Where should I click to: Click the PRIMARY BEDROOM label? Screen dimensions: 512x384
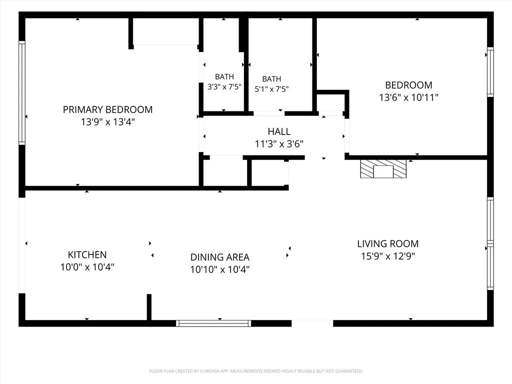coord(108,109)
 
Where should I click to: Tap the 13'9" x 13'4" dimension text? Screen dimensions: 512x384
coord(108,122)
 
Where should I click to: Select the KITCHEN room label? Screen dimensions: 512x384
coord(87,254)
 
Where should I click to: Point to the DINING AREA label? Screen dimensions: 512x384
coord(220,257)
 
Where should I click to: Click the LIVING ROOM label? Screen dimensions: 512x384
coord(388,243)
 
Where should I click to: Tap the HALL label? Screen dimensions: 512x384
coord(279,131)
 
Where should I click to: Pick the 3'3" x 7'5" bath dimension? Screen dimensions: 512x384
coord(224,87)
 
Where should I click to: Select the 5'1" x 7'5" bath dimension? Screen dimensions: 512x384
coord(271,89)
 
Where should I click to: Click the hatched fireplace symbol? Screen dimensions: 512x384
coord(383,169)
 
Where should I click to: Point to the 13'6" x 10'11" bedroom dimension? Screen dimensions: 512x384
coord(408,97)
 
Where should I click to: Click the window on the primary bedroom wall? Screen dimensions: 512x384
coord(22,92)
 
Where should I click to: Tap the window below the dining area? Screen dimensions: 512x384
coord(213,323)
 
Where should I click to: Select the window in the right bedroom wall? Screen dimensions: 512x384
coord(490,72)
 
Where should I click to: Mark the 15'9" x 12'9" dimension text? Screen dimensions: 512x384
coord(388,256)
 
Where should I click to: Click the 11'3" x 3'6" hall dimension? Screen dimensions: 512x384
coord(279,143)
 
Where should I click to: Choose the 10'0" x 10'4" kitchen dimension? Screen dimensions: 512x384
coord(87,267)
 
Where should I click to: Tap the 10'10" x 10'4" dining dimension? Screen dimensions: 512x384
coord(220,269)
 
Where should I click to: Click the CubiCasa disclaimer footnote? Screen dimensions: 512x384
coord(256,371)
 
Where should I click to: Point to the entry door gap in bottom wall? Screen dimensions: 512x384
coord(312,323)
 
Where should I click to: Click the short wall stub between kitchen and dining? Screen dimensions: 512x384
coord(149,307)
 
